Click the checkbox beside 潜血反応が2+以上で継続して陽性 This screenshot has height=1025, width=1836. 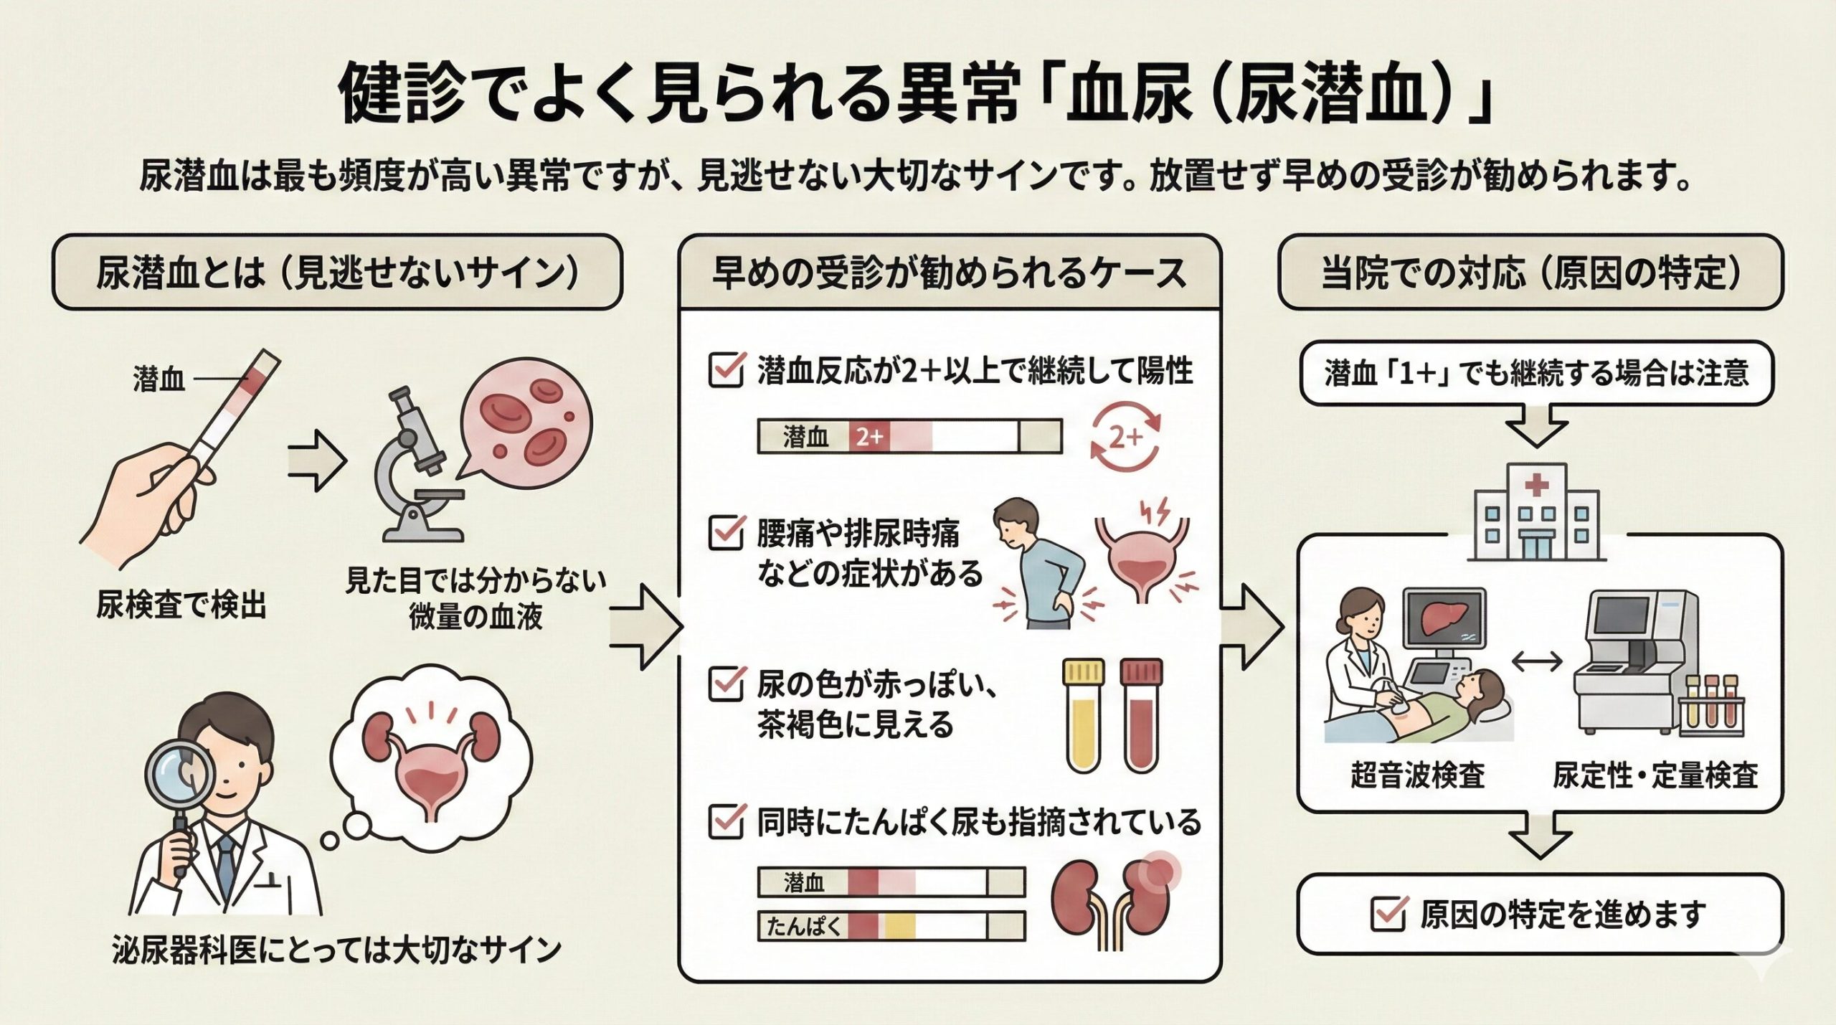[x=726, y=370]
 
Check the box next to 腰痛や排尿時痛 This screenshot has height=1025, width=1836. [x=726, y=532]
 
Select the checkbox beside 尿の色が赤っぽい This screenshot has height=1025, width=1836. [x=726, y=684]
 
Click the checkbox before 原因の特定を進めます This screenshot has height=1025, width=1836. [x=1388, y=915]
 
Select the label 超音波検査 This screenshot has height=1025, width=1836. [x=1417, y=775]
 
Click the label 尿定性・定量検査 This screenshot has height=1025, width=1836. [x=1655, y=775]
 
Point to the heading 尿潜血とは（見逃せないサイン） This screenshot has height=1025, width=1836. [x=337, y=273]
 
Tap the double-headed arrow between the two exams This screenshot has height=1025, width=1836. [x=1537, y=661]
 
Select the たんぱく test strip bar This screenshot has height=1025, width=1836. [x=891, y=926]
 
